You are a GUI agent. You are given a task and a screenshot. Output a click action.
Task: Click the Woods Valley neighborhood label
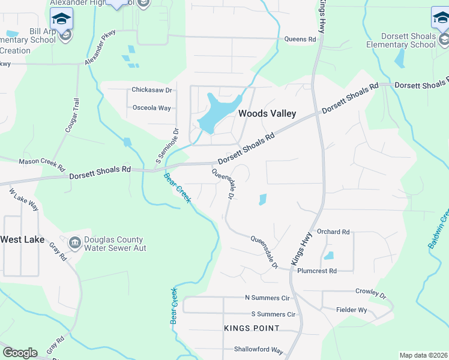[x=267, y=113]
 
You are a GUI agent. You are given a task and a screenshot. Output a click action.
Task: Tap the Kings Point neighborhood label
[x=252, y=328]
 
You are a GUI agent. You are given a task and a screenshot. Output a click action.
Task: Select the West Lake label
[x=22, y=239]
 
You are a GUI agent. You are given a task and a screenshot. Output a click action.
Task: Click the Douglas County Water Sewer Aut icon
[x=75, y=242]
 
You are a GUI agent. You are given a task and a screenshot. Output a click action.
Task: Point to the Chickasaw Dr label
[x=152, y=91]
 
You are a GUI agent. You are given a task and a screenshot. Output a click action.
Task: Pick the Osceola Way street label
[x=151, y=108]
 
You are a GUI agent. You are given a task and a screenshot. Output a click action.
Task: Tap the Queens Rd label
[x=300, y=40]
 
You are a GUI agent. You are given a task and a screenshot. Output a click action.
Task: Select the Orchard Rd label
[x=333, y=232]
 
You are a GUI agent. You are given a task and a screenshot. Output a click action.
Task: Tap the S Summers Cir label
[x=273, y=314]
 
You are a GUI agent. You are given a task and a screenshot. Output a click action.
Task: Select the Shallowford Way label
[x=259, y=350]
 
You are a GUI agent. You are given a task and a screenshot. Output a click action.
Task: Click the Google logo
[x=19, y=353]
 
